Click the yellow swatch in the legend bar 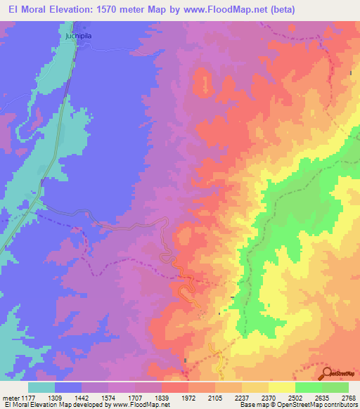(x=281, y=387)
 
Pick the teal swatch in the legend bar (x=41, y=387)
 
